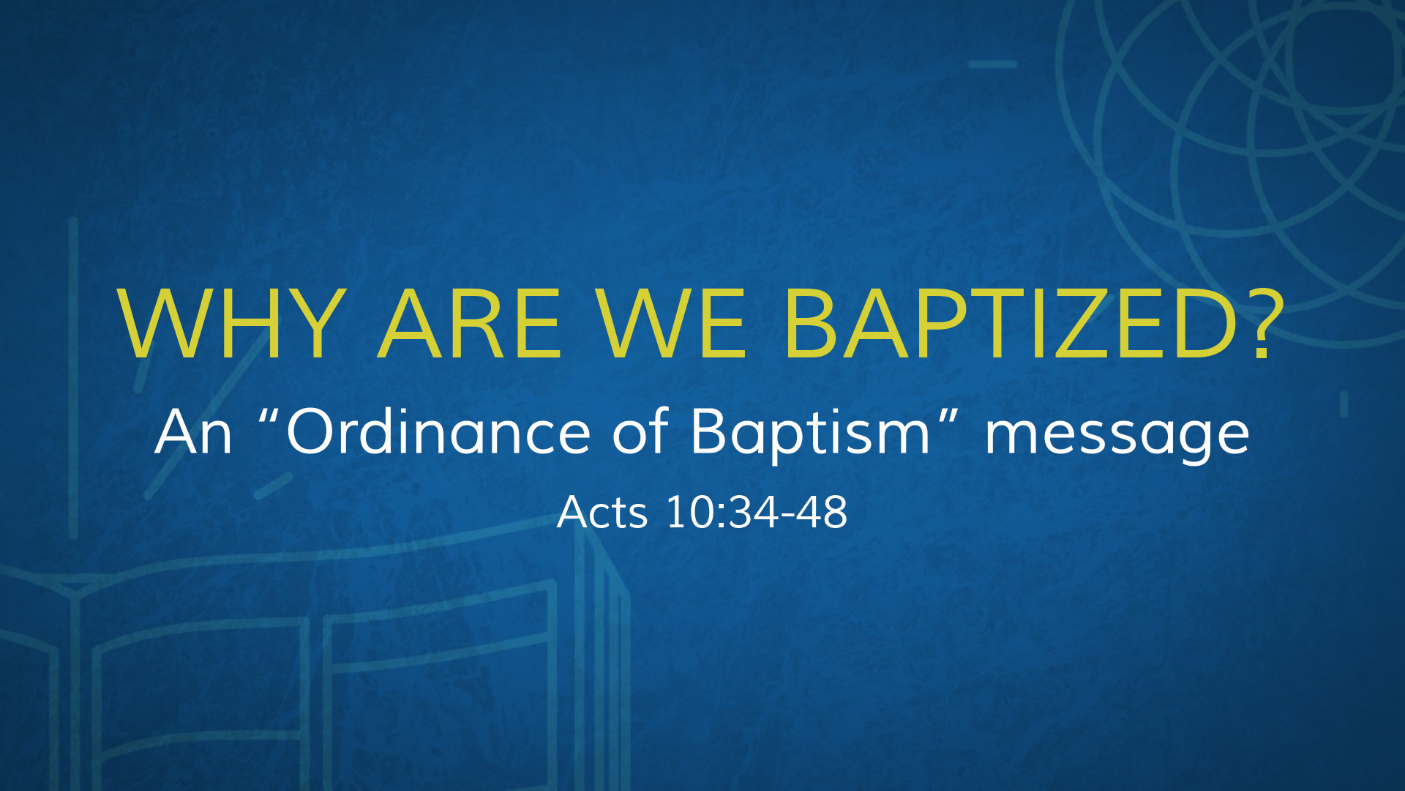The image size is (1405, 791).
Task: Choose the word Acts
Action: coord(602,512)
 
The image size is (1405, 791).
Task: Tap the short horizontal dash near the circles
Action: coord(992,64)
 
